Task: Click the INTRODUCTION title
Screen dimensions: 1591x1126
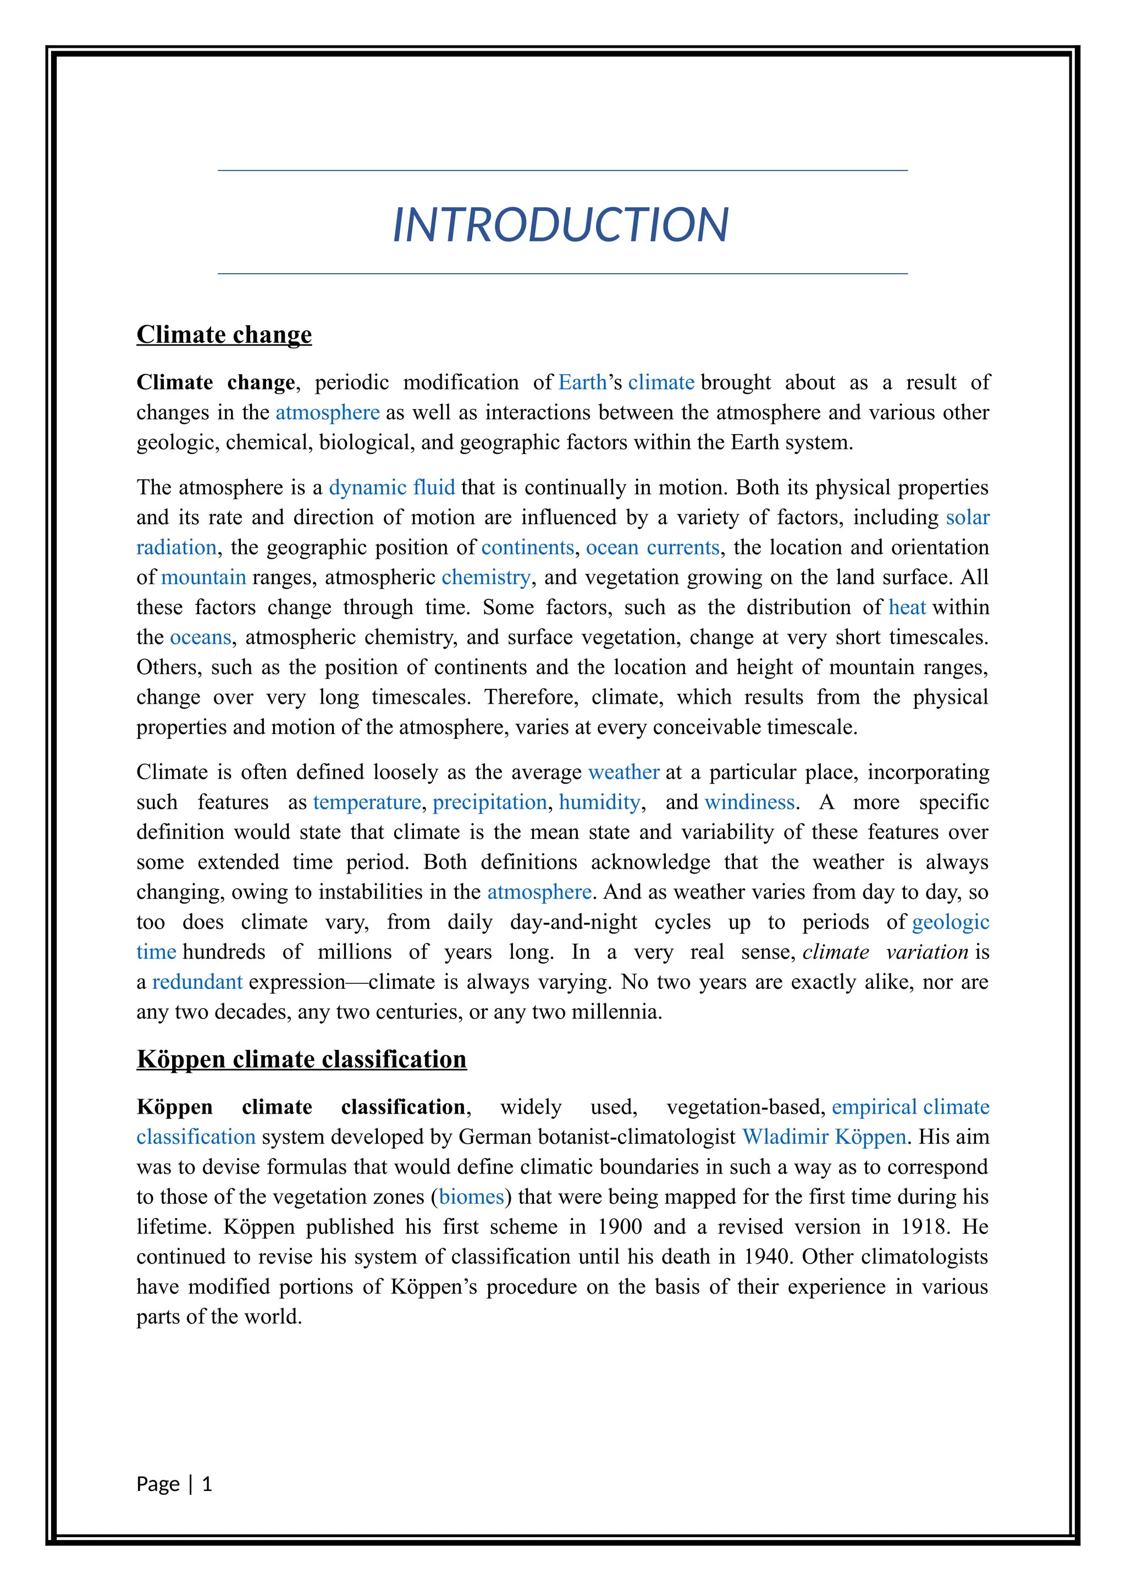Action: click(560, 225)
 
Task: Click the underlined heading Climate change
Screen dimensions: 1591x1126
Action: click(224, 334)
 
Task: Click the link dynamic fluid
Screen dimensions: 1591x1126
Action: click(392, 488)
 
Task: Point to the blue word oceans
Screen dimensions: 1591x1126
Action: click(200, 637)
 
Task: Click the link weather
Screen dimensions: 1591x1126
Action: click(623, 772)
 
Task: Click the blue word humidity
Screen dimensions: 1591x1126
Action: click(599, 803)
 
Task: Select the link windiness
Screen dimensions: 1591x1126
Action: click(749, 803)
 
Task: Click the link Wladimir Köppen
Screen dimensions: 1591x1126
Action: click(824, 1137)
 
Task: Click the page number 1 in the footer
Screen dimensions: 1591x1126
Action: click(207, 1484)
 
